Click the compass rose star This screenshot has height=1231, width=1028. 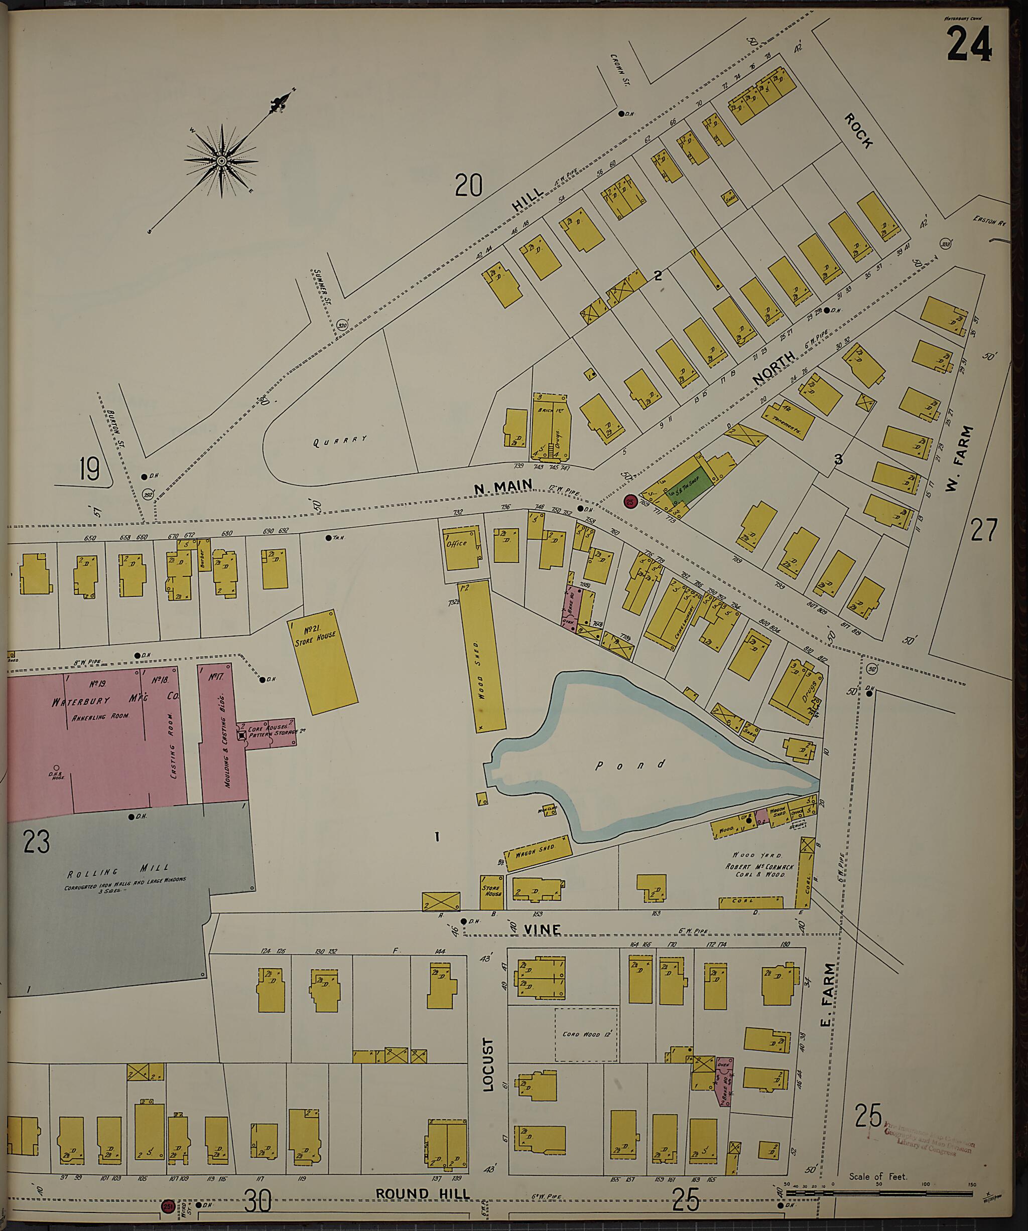click(222, 161)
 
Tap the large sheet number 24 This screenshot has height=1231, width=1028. click(969, 45)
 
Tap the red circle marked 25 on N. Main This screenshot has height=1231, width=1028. click(630, 501)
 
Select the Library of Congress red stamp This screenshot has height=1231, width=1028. click(927, 1143)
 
